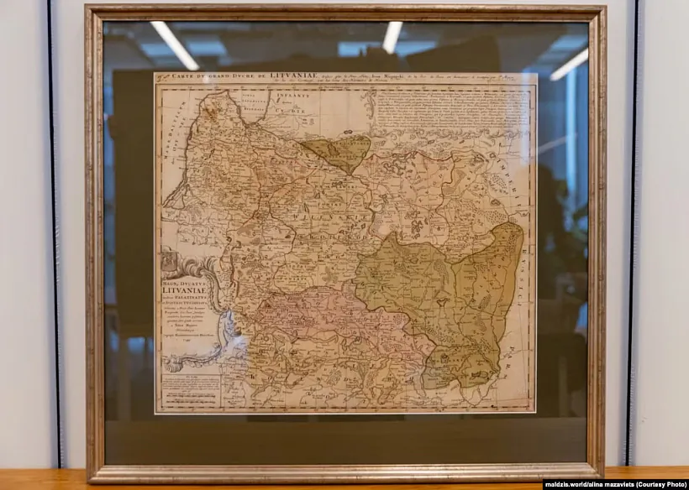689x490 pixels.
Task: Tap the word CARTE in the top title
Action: click(186, 80)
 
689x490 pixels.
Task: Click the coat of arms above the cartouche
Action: click(173, 263)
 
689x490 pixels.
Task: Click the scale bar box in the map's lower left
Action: click(189, 391)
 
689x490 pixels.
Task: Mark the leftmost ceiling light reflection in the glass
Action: click(174, 44)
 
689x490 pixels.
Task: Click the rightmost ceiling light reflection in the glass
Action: click(571, 63)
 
